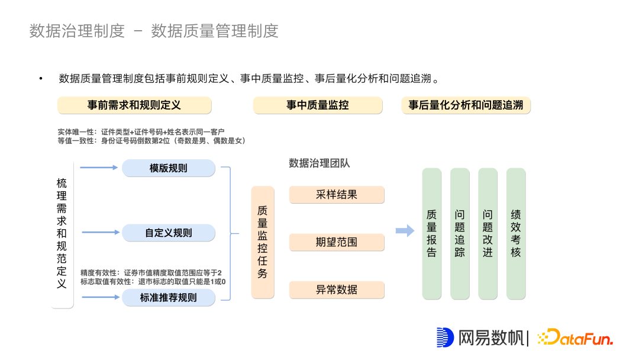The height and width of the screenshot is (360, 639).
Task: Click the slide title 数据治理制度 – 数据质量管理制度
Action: [x=154, y=31]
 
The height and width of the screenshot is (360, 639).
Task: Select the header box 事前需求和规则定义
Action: [x=134, y=105]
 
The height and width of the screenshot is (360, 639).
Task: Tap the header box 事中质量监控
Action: [x=318, y=105]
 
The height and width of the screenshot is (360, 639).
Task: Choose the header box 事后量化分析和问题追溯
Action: [x=466, y=105]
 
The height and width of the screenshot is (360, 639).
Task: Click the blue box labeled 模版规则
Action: [x=169, y=168]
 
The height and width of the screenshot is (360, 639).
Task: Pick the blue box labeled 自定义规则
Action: [x=169, y=233]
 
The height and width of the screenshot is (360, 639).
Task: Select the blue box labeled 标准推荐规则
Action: [x=169, y=297]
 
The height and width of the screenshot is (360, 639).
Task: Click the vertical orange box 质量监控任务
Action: [x=263, y=242]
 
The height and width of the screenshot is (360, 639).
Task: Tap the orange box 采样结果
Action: [x=337, y=195]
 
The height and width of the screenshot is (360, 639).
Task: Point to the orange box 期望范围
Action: [x=337, y=242]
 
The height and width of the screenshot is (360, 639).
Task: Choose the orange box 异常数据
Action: [x=337, y=290]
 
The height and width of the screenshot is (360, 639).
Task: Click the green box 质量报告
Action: [x=432, y=233]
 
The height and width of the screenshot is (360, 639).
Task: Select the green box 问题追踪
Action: [x=460, y=233]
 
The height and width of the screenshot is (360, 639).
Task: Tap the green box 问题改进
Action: [x=488, y=233]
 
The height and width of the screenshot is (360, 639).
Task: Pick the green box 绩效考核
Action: [x=516, y=233]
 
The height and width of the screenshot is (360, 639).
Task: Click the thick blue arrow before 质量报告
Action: [x=405, y=231]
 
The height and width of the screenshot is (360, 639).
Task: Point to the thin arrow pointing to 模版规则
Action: [x=99, y=168]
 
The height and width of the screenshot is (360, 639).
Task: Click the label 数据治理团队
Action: [x=319, y=163]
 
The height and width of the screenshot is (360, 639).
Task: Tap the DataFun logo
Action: [x=575, y=337]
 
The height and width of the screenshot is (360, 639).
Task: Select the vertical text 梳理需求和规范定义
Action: [x=62, y=233]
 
